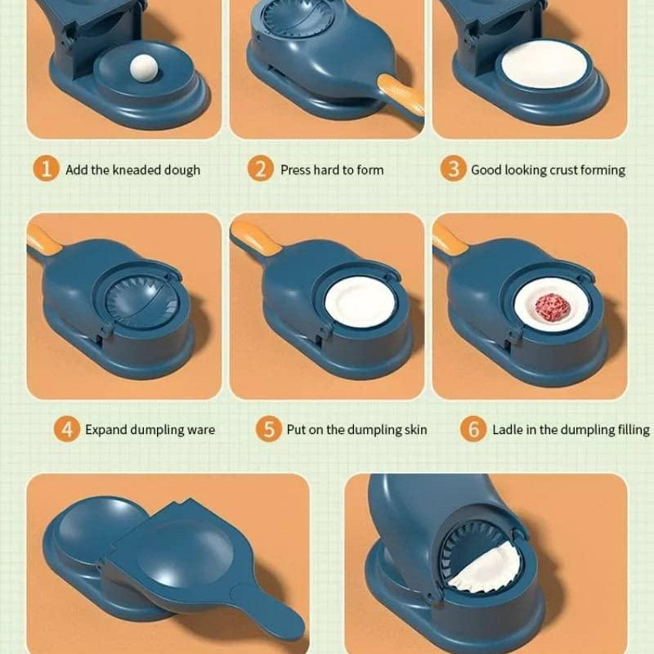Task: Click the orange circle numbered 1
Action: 46,168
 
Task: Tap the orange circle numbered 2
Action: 260,168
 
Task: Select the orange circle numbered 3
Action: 453,168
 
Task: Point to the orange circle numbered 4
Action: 67,428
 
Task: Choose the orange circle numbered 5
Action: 269,428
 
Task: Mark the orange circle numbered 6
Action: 473,428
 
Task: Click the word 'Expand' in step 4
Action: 106,430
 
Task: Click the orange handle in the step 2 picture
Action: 401,96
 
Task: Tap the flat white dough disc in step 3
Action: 544,65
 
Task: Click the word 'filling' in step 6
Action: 633,430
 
